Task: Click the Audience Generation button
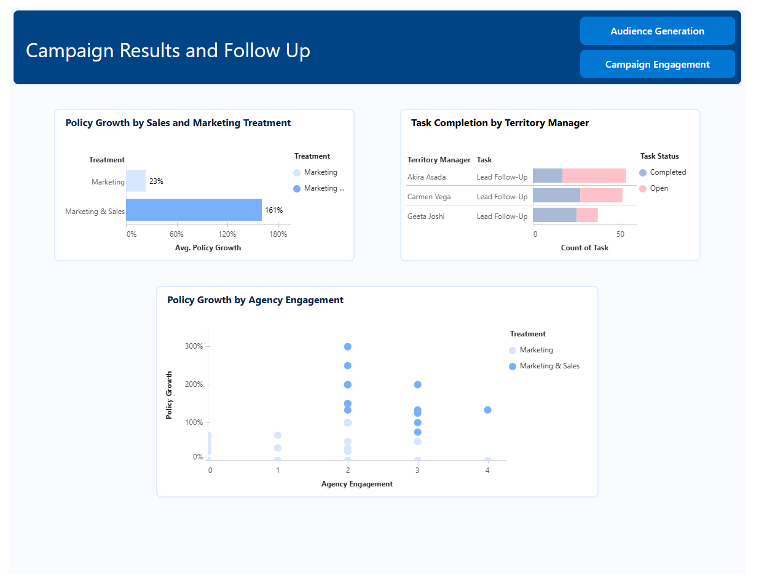pos(657,31)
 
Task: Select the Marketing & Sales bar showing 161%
pos(194,210)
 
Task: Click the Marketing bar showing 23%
pos(136,181)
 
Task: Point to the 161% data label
pos(273,210)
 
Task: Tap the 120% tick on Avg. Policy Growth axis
pos(227,234)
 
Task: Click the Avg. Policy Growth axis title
pos(208,248)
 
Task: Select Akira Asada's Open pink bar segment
pos(594,176)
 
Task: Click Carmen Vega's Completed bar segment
pos(556,196)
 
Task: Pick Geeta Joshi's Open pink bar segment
pos(587,215)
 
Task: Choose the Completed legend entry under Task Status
pos(663,173)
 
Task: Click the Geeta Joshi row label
pos(426,216)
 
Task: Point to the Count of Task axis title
pos(584,248)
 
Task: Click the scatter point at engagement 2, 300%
pos(348,347)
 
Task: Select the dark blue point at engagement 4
pos(487,410)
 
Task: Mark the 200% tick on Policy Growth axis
pos(194,384)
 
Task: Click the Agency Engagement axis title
pos(356,484)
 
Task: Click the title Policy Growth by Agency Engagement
pos(255,300)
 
